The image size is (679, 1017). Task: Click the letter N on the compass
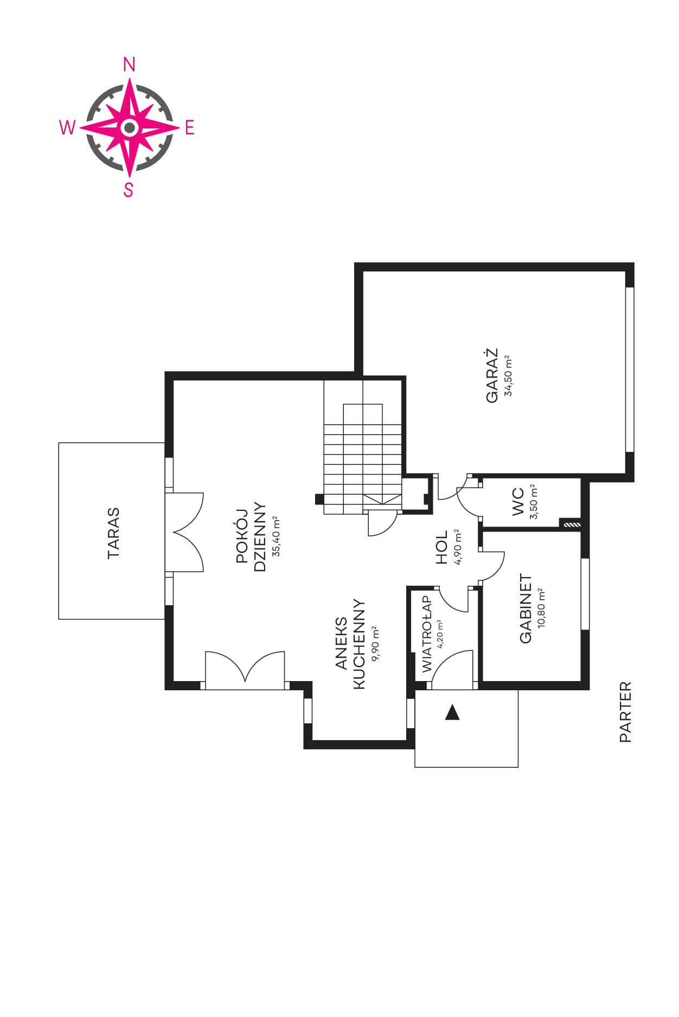[129, 66]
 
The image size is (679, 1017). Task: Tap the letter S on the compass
[129, 190]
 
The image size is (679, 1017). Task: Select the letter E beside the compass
[190, 128]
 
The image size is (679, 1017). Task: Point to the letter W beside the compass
[67, 128]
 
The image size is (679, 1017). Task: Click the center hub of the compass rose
[129, 128]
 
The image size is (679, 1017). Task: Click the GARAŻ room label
[492, 375]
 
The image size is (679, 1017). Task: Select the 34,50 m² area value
[508, 376]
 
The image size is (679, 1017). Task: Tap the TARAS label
[113, 533]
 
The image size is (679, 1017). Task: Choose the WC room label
[518, 502]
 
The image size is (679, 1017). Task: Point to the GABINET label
[526, 609]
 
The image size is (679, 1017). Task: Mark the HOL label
[442, 547]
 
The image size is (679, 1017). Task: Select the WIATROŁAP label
[426, 634]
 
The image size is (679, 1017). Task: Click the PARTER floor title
[625, 711]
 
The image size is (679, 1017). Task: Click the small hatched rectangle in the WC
[571, 524]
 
